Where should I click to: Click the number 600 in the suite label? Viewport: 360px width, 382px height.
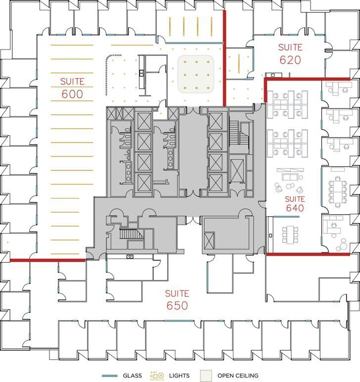point(72,94)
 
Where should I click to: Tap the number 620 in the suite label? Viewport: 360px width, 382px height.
point(290,60)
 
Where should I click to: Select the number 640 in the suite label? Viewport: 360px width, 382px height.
point(295,208)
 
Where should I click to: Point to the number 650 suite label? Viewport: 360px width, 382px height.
point(177,305)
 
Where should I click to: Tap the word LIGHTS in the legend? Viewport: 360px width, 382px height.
point(179,376)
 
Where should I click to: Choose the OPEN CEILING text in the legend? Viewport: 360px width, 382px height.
point(237,376)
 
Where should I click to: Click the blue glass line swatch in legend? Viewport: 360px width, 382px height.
point(109,376)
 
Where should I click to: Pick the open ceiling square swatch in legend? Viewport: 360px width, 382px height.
point(206,376)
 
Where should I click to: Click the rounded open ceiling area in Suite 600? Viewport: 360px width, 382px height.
point(196,74)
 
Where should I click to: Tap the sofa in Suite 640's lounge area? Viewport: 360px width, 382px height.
point(290,175)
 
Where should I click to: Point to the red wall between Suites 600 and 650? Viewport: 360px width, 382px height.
point(47,260)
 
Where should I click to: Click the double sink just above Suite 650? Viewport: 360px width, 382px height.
point(130,256)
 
